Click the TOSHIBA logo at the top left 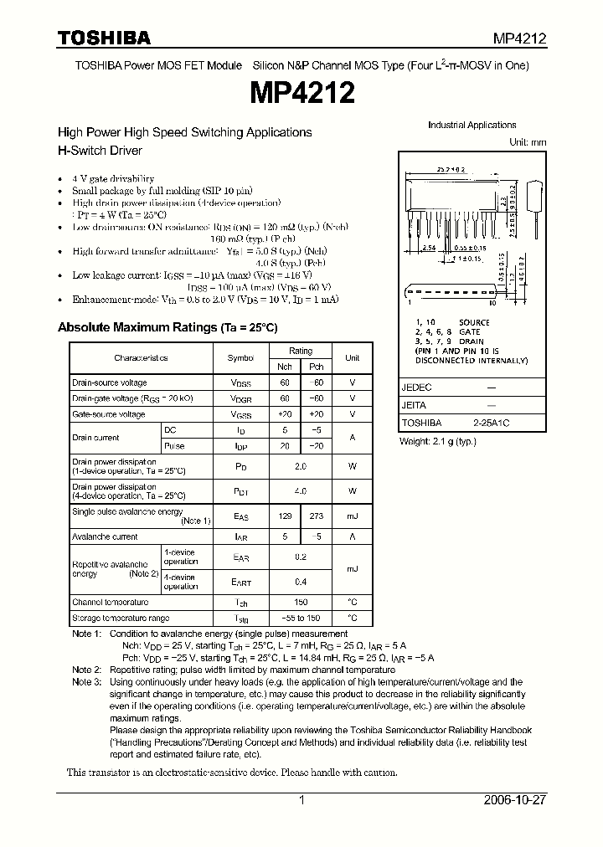pyautogui.click(x=104, y=38)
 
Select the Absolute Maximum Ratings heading pyautogui.click(x=167, y=328)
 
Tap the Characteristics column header pyautogui.click(x=141, y=358)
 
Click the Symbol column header pyautogui.click(x=240, y=358)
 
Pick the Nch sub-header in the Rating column pyautogui.click(x=286, y=367)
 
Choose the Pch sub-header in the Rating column pyautogui.click(x=316, y=367)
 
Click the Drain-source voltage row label pyautogui.click(x=110, y=382)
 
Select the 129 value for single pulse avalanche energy pyautogui.click(x=286, y=517)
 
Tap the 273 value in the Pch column pyautogui.click(x=316, y=517)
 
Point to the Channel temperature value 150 pyautogui.click(x=301, y=603)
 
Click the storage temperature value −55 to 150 pyautogui.click(x=301, y=619)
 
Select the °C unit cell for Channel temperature pyautogui.click(x=353, y=603)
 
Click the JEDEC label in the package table pyautogui.click(x=416, y=388)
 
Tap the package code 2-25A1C pyautogui.click(x=491, y=423)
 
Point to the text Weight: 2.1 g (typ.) pyautogui.click(x=437, y=441)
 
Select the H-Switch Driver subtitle pyautogui.click(x=100, y=151)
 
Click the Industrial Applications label pyautogui.click(x=472, y=126)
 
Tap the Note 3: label pyautogui.click(x=86, y=682)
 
